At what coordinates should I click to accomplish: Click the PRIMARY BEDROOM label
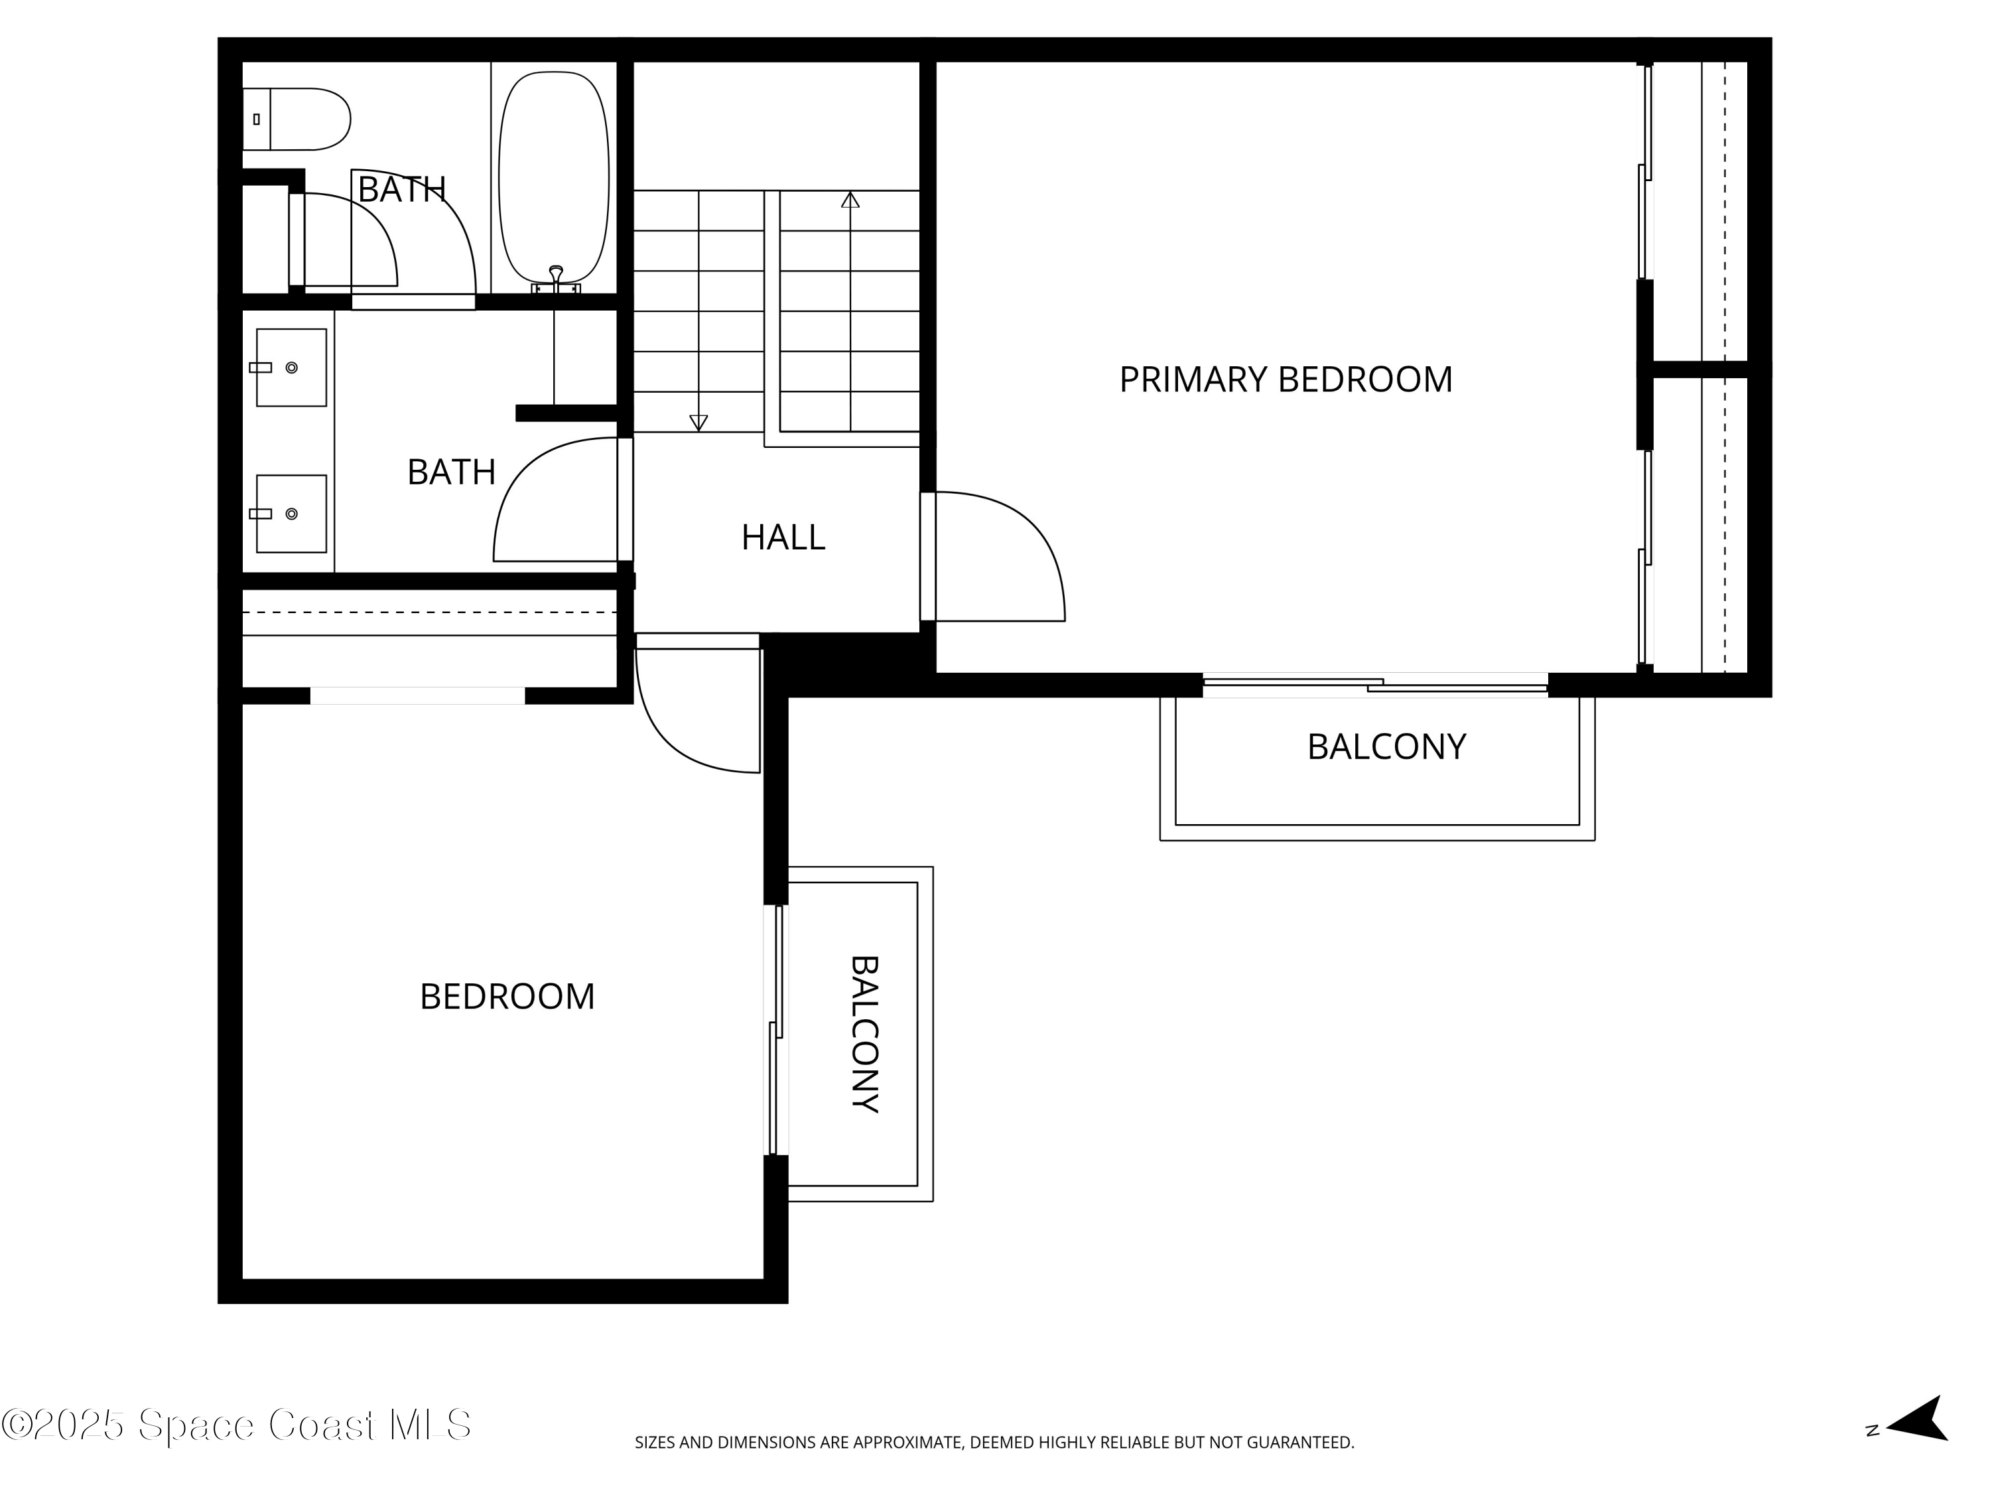tap(1286, 380)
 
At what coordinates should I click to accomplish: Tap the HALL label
tap(783, 537)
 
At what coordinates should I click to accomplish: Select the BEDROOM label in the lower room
tap(507, 996)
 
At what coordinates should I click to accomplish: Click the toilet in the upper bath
tap(296, 119)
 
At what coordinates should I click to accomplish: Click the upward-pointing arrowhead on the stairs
tap(850, 199)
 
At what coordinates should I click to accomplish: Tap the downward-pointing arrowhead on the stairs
tap(698, 423)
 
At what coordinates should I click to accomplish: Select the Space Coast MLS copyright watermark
tap(235, 1425)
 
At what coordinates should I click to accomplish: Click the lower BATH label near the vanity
tap(452, 472)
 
